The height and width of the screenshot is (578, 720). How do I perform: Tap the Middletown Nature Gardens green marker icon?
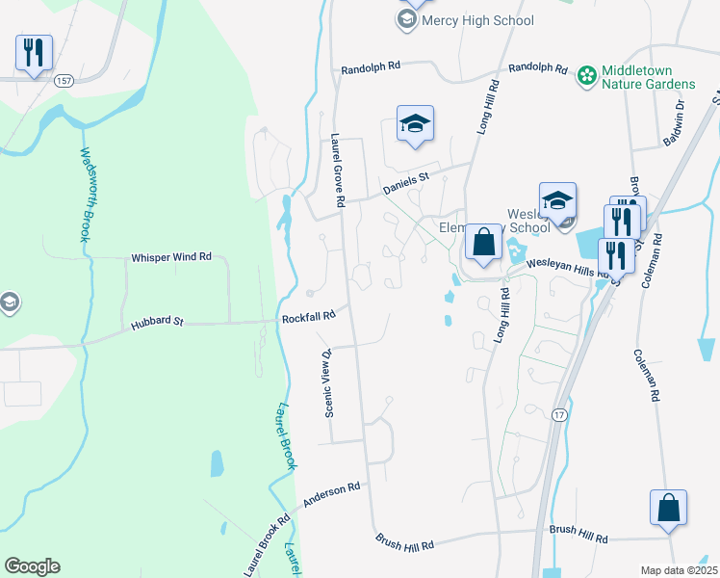[x=586, y=75]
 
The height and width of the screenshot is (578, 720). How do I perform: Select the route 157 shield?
[x=64, y=80]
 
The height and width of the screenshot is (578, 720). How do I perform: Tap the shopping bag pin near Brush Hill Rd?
[x=668, y=507]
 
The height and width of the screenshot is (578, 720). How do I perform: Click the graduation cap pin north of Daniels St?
[x=415, y=123]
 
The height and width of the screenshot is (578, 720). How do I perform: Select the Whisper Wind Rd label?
[x=171, y=257]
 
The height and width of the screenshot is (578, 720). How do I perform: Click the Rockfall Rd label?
[x=308, y=316]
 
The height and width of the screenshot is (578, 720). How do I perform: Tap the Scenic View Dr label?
[x=328, y=381]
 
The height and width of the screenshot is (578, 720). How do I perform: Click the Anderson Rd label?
[x=331, y=495]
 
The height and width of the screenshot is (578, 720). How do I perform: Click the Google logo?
[x=32, y=566]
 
